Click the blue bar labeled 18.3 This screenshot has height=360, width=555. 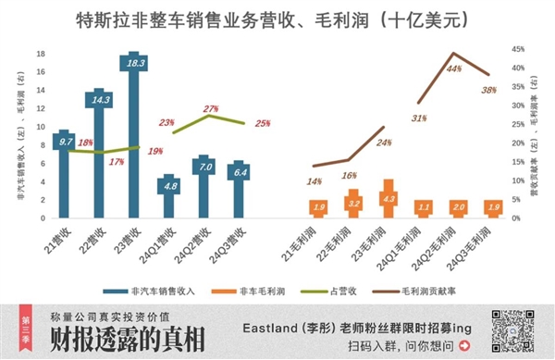tap(135, 139)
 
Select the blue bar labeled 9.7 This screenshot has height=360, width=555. tap(66, 176)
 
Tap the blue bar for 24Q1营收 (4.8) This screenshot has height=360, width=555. tap(169, 197)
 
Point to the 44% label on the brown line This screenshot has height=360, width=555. tap(454, 68)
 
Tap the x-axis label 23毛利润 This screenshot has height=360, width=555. tap(377, 242)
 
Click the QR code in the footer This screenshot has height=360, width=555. tap(517, 330)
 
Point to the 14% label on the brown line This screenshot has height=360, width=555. tap(314, 181)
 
